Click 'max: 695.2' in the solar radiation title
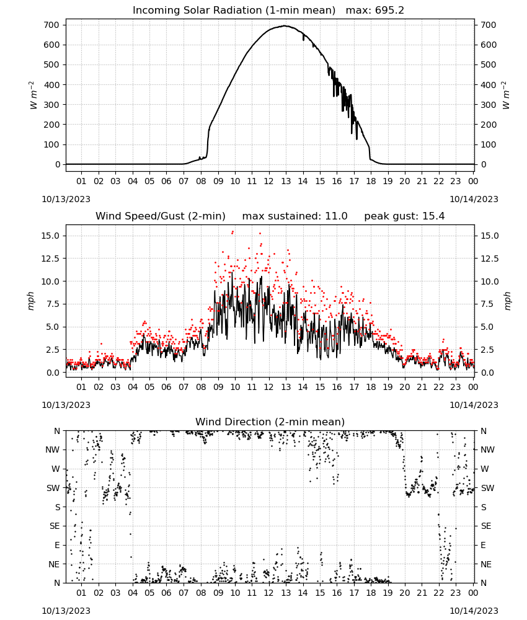pos(375,10)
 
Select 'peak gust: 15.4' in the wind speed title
pos(404,216)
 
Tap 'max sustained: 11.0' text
pos(295,216)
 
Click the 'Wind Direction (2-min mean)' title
pos(270,422)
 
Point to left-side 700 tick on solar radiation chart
pos(52,25)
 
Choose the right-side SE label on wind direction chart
pos(486,526)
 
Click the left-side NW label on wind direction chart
pos(53,449)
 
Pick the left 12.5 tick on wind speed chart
pos(51,259)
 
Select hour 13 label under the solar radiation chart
pos(286,181)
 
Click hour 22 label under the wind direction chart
pos(439,592)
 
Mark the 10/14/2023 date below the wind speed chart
pos(474,405)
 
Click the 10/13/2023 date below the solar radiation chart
pos(66,199)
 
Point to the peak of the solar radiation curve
pos(285,25)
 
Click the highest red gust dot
pos(232,232)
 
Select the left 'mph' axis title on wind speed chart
pos(31,301)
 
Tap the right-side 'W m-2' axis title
pos(506,95)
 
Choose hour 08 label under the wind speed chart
pos(201,387)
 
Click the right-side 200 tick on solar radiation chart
pos(489,125)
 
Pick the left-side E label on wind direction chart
pos(57,545)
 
